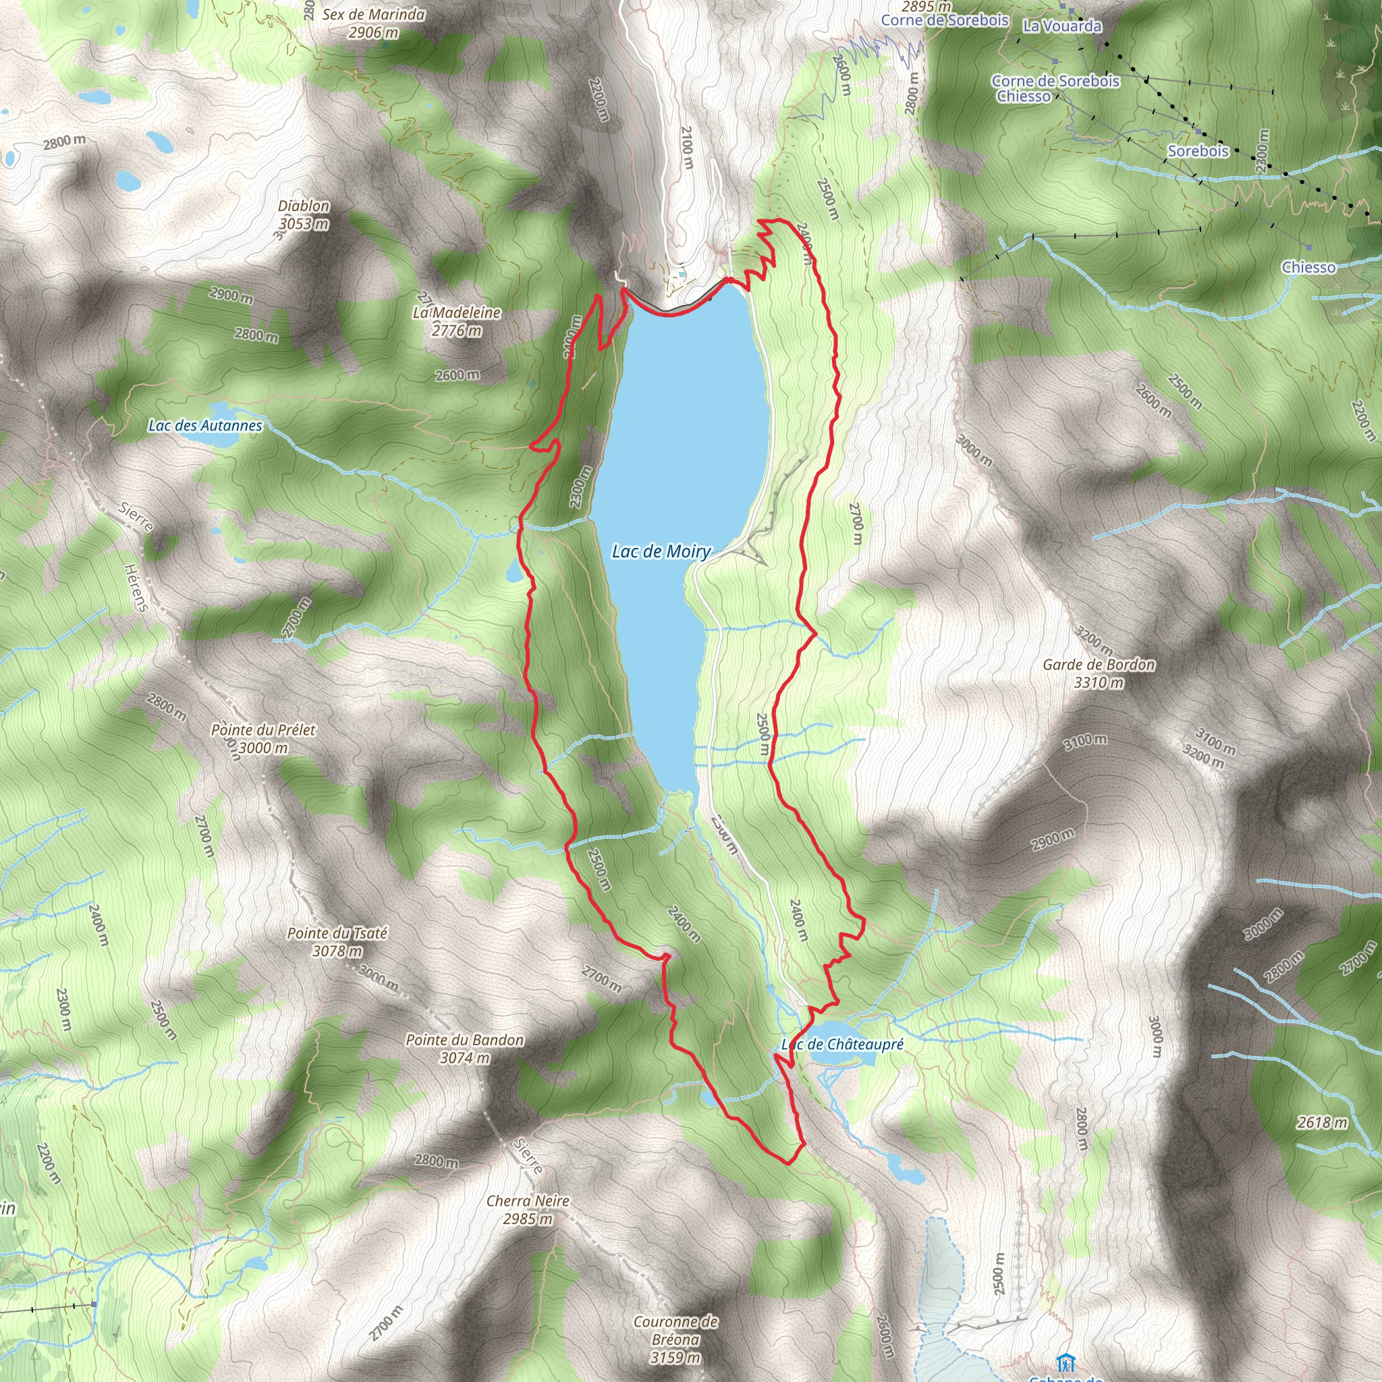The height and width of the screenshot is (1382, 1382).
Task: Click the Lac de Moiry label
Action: [x=661, y=551]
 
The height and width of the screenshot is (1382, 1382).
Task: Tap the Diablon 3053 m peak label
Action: [x=304, y=215]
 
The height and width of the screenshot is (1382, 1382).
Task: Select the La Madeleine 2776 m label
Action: [x=456, y=321]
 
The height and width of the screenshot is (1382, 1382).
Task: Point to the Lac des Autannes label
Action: [x=205, y=426]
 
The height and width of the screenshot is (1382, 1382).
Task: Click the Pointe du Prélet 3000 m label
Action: [x=263, y=738]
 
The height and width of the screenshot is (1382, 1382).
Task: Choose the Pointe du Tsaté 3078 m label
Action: [x=337, y=942]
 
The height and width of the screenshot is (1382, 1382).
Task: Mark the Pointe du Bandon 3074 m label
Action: [x=464, y=1049]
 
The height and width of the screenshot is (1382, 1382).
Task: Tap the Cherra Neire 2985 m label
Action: [x=528, y=1210]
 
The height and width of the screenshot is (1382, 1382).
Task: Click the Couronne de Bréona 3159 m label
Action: [x=675, y=1339]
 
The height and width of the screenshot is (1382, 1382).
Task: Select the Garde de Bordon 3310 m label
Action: [x=1099, y=673]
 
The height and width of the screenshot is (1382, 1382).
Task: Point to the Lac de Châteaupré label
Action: [x=843, y=1045]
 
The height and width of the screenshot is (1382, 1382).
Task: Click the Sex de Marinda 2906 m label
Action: [x=373, y=23]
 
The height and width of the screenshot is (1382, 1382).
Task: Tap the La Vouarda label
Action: [x=1062, y=26]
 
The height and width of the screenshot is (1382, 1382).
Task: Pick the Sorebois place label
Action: [x=1198, y=151]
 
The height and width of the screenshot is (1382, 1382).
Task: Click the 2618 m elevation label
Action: [x=1322, y=1122]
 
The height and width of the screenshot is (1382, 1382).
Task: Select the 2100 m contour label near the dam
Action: [x=686, y=147]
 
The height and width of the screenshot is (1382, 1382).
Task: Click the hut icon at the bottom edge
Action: [x=1066, y=1362]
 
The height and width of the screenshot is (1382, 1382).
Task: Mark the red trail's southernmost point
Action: [x=788, y=1164]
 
